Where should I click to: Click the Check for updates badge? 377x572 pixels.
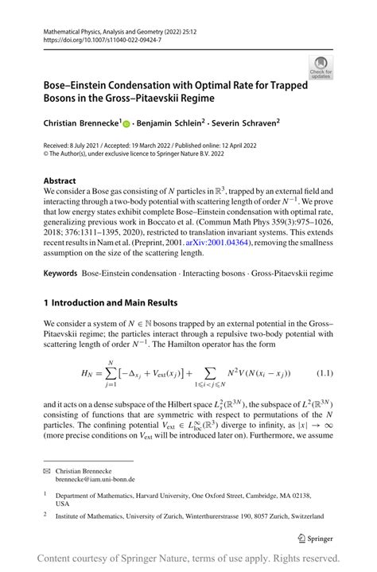click(x=321, y=67)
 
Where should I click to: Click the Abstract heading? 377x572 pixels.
click(x=60, y=181)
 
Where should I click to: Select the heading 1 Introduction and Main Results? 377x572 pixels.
click(x=111, y=303)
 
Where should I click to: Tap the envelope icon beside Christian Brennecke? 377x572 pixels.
click(x=49, y=471)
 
